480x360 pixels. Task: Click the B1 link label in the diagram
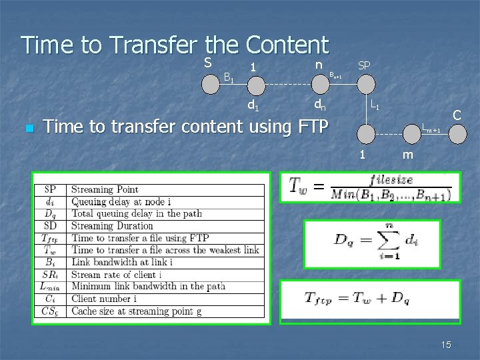coord(228,78)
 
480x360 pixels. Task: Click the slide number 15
coord(446,344)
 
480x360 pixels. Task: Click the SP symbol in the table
coord(51,190)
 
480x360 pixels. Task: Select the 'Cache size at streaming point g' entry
coord(139,311)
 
